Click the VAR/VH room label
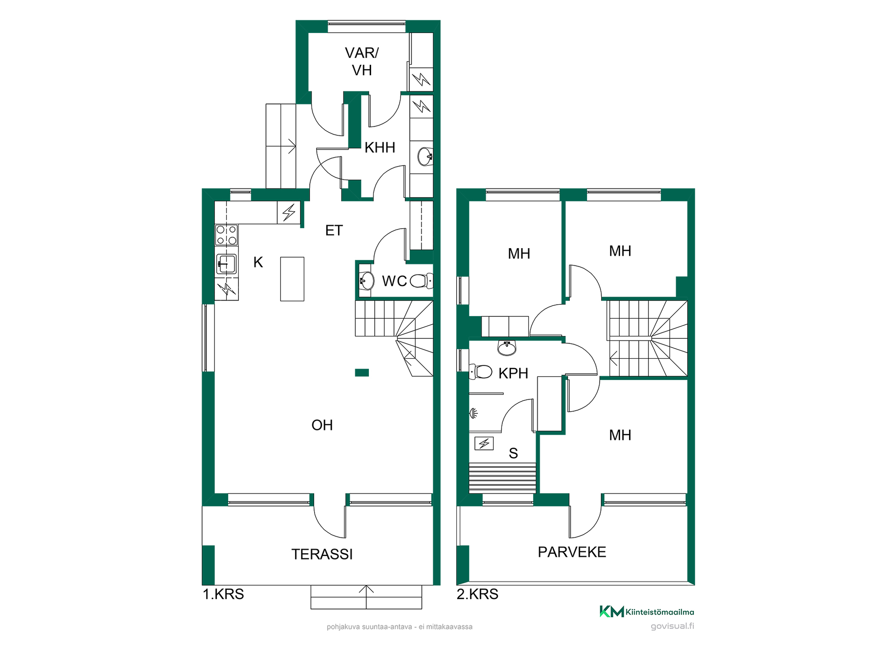[362, 62]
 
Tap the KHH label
[380, 148]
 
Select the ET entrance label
[334, 230]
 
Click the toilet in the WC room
[421, 281]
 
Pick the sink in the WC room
[366, 281]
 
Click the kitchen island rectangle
[292, 279]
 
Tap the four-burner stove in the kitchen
[226, 235]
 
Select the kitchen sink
[226, 264]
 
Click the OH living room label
[322, 425]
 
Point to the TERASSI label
[322, 554]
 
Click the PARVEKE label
[572, 552]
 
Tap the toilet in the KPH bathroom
[481, 372]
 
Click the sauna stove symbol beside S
[484, 443]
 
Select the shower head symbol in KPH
[473, 413]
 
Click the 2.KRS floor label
[477, 594]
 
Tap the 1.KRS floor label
[223, 594]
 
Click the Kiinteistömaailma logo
[647, 612]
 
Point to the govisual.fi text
[672, 626]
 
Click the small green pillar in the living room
[362, 373]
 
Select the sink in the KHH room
[425, 157]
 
